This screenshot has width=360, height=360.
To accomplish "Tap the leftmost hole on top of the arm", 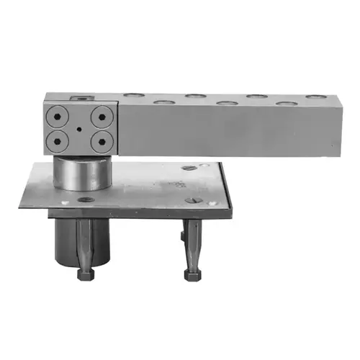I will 132,94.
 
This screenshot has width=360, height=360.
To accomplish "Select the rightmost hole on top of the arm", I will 315,96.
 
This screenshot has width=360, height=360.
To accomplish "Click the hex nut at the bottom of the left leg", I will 85,273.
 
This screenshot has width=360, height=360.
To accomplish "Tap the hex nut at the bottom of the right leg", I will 192,274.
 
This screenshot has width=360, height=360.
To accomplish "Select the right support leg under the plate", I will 192,241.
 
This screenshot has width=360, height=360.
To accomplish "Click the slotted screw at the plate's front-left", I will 85,199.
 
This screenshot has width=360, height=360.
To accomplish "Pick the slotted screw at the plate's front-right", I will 193,200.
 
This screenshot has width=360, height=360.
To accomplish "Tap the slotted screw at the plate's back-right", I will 189,168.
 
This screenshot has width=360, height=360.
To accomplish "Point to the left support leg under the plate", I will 85,241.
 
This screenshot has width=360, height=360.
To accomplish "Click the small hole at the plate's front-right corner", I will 213,203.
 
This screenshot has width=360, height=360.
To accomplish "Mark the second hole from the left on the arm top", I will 165,102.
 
